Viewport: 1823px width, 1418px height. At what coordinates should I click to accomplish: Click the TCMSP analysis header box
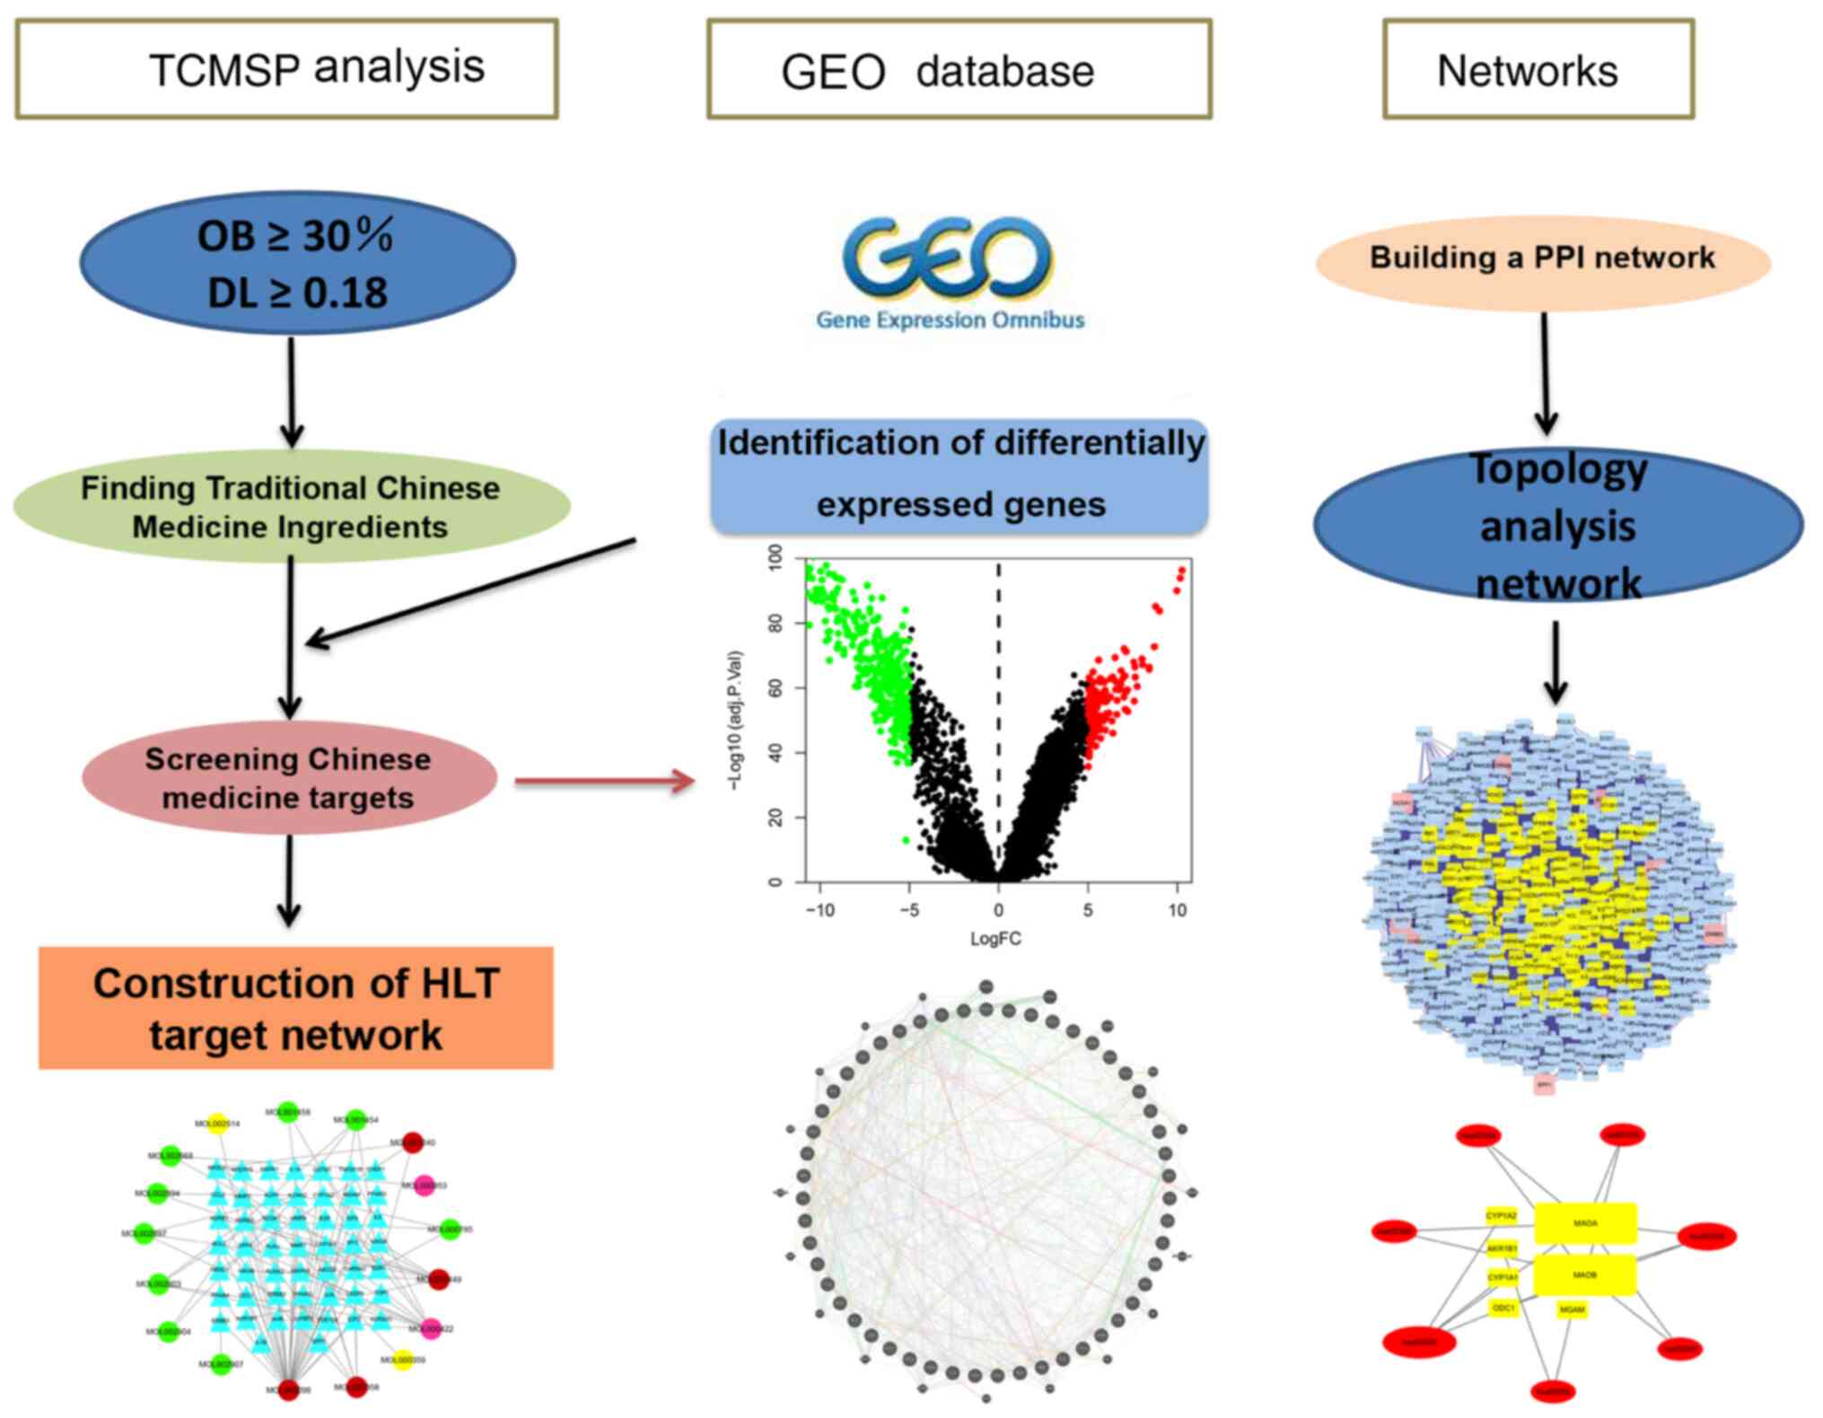click(286, 69)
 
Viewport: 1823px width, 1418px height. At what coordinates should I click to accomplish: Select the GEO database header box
click(959, 69)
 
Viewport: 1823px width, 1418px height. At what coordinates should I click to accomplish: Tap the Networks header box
click(1538, 69)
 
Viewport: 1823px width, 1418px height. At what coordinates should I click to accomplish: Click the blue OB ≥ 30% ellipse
click(297, 263)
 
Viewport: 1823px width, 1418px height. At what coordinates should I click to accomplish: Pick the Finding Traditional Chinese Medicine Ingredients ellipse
click(291, 507)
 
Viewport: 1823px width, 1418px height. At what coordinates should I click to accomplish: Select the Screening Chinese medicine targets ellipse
click(289, 778)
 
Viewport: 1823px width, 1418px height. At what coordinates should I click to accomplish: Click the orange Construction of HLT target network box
click(295, 1008)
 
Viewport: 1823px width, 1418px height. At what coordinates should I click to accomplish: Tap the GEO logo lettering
click(948, 259)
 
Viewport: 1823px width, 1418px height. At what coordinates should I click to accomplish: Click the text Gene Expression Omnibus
click(950, 320)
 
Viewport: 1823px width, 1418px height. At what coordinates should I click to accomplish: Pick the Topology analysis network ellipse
click(1557, 526)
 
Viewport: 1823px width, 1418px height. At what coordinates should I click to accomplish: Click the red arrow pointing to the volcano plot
click(605, 781)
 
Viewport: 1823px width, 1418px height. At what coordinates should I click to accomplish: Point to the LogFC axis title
click(995, 939)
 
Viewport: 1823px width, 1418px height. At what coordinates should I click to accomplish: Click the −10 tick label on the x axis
click(819, 910)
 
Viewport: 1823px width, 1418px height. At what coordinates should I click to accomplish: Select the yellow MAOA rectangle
click(1585, 1223)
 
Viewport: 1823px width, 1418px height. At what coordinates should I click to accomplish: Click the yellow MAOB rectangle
click(1585, 1275)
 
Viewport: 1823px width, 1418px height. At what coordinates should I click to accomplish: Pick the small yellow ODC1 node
click(1503, 1309)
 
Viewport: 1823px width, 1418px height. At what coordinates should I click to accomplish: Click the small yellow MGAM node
click(1572, 1310)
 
